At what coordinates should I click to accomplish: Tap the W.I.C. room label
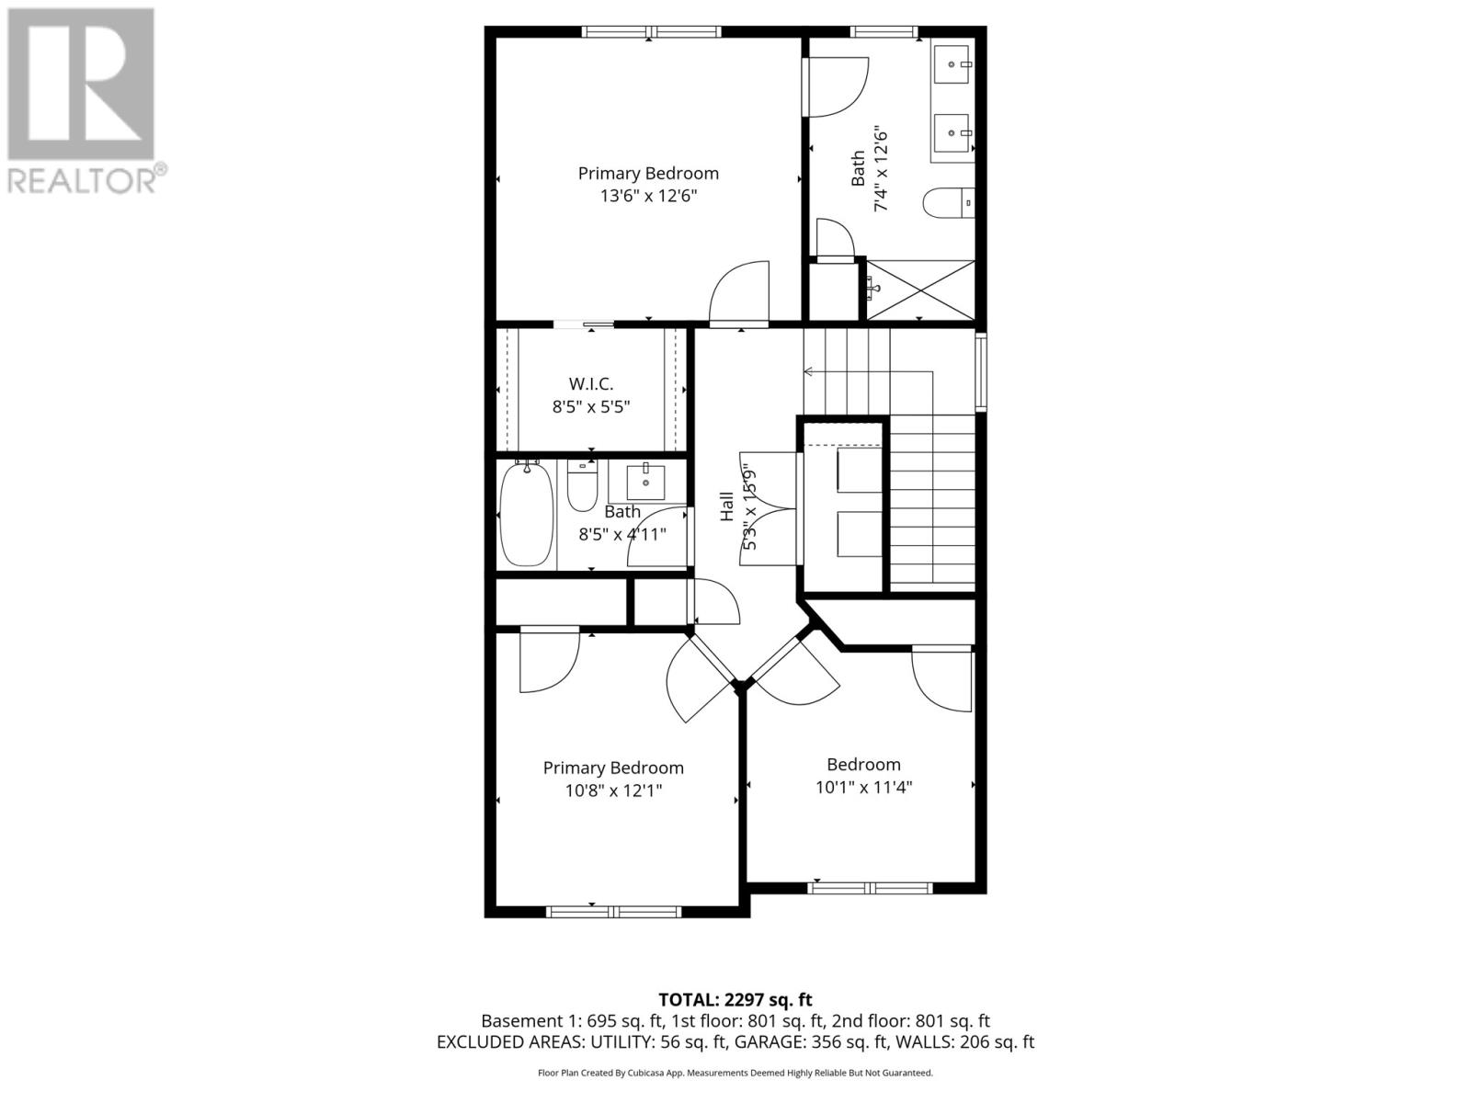[x=590, y=383]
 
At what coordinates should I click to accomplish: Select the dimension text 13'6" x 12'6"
[x=648, y=196]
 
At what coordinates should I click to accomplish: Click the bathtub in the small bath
[x=526, y=515]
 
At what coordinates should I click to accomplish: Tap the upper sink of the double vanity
[x=953, y=64]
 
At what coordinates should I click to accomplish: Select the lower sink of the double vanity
[x=953, y=134]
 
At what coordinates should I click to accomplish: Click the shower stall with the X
[x=920, y=290]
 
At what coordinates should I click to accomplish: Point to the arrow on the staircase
[x=809, y=371]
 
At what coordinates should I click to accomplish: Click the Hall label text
[x=726, y=506]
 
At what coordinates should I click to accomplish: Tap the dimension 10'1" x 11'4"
[x=863, y=788]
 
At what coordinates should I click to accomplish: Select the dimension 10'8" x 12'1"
[x=613, y=790]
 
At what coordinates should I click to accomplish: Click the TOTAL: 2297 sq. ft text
[x=735, y=999]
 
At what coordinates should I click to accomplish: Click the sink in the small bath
[x=645, y=482]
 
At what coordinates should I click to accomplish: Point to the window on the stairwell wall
[x=980, y=371]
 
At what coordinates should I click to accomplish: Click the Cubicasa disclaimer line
[x=735, y=1073]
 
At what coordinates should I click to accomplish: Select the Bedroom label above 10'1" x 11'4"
[x=863, y=765]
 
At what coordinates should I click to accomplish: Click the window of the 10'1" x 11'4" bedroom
[x=870, y=888]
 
